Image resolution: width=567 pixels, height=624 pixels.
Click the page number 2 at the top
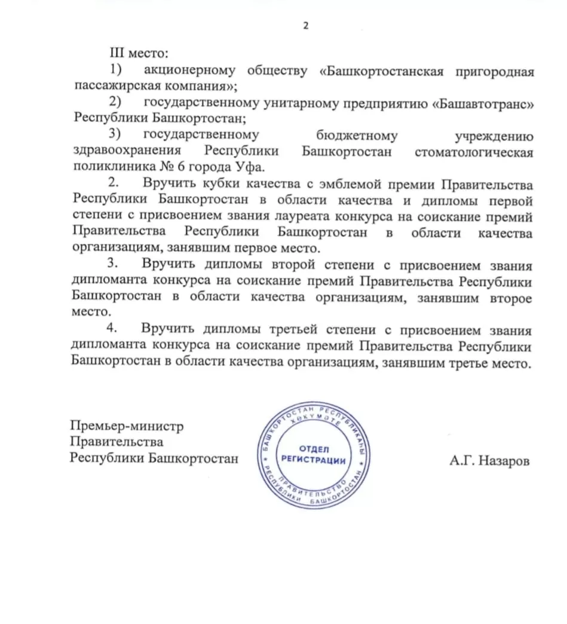coord(306,26)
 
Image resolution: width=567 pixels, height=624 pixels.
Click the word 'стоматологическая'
coord(473,152)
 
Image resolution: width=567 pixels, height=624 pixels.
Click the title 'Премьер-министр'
coord(127,426)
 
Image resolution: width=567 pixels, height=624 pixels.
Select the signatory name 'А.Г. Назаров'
coord(490,461)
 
